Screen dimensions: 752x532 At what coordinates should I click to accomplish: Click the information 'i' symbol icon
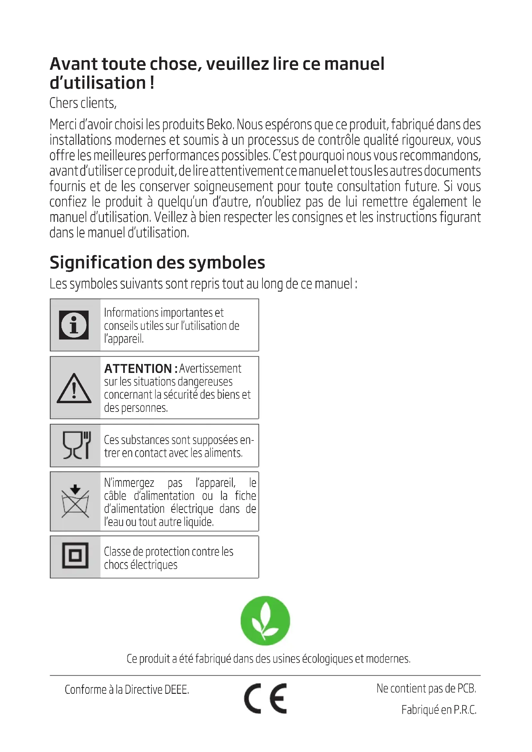coord(74,325)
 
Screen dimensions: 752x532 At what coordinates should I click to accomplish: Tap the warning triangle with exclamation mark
coord(74,389)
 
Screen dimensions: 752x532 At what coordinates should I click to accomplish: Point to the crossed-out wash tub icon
coord(75,501)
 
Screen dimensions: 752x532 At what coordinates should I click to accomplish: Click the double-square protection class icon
coord(75,556)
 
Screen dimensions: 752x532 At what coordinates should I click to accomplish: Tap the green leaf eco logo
coord(265,620)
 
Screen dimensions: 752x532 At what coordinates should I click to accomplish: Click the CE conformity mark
coord(265,698)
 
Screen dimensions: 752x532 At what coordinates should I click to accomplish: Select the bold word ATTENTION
coord(138,369)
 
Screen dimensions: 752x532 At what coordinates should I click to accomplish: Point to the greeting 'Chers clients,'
coord(83,104)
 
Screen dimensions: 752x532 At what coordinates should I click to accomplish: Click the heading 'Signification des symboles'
coord(157,263)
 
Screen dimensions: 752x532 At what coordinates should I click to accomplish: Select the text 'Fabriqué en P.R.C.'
coord(439,710)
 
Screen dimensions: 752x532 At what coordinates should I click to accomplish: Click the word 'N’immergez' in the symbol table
coord(129,483)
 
